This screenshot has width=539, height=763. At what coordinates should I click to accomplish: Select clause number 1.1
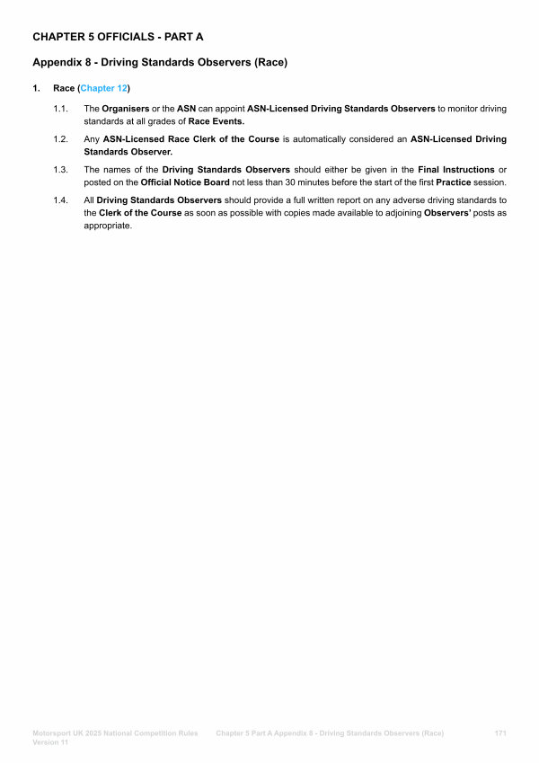pos(61,109)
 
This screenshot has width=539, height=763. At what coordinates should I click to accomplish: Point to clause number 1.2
pos(61,139)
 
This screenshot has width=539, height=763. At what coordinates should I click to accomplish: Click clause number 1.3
pos(61,170)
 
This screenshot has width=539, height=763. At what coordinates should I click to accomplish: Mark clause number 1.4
pos(61,200)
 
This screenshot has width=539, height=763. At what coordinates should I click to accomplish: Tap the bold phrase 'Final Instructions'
pos(456,170)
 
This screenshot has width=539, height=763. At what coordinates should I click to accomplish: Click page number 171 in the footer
pos(501,734)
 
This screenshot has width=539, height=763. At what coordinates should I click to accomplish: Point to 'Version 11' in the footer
pos(51,744)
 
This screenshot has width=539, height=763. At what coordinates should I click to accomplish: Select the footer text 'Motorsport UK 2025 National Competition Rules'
pos(115,734)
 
